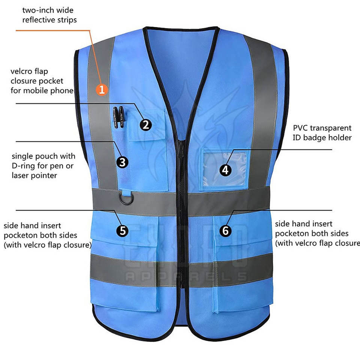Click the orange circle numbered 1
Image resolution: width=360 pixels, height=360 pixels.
click(x=102, y=89)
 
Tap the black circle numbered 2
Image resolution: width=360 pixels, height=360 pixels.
click(x=146, y=124)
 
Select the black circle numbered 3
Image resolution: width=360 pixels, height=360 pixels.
click(x=122, y=162)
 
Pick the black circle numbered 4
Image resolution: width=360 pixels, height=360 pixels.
click(x=225, y=170)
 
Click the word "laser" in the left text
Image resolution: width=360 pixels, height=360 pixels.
click(x=22, y=175)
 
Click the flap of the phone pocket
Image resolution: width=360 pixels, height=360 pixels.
click(x=146, y=125)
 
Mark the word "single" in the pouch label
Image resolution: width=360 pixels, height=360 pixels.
click(x=24, y=156)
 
